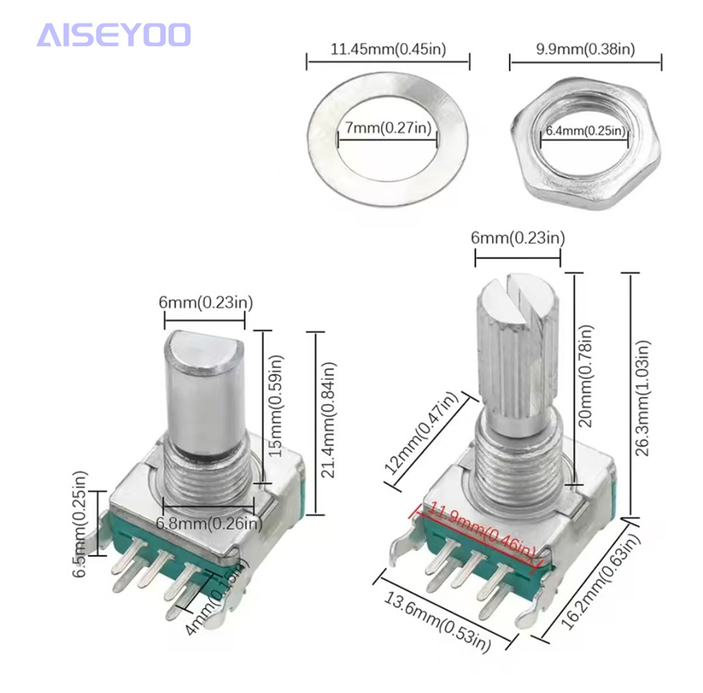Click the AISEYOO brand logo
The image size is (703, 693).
click(x=114, y=36)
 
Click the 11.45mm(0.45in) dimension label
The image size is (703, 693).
click(x=388, y=50)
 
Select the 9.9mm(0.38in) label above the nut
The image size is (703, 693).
click(x=585, y=50)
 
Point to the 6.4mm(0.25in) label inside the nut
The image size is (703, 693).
click(x=585, y=131)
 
